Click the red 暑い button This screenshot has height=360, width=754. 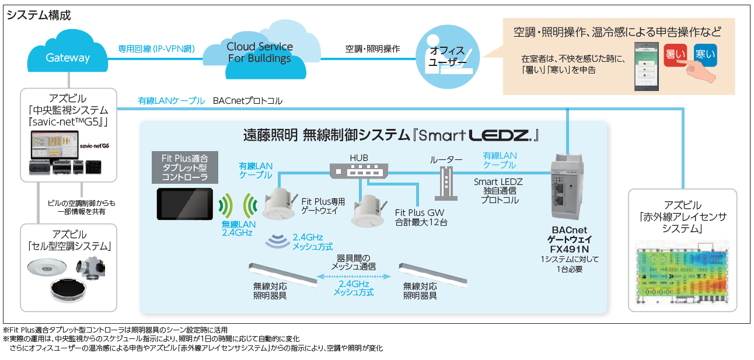click(674, 55)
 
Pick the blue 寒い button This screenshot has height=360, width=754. click(705, 54)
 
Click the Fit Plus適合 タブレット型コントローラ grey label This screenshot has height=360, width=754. click(184, 167)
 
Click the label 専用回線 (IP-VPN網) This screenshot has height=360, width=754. click(156, 49)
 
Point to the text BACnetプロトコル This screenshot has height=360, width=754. click(247, 101)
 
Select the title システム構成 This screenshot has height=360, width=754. click(39, 16)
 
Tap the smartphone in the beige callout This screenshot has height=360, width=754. click(648, 66)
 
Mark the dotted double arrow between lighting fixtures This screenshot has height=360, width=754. click(353, 277)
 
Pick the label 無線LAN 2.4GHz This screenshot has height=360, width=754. click(238, 228)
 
